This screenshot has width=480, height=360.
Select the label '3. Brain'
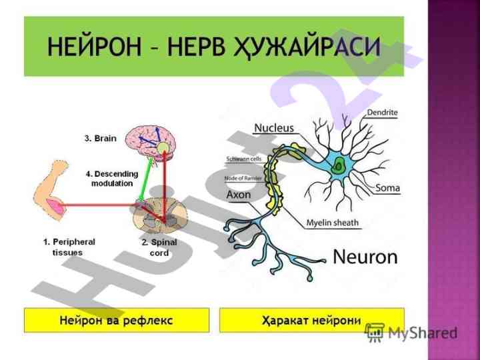[x=101, y=139]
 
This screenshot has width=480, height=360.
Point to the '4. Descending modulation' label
[x=112, y=179]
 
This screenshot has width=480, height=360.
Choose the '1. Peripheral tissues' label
[x=69, y=247]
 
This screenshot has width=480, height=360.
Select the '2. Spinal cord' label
[x=159, y=247]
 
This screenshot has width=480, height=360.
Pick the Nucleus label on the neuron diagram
[x=273, y=127]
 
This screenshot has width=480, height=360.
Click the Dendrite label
[x=382, y=113]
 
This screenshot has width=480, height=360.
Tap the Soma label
[x=387, y=188]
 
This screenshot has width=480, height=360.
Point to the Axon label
[x=239, y=195]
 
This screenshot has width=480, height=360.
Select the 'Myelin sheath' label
[x=332, y=223]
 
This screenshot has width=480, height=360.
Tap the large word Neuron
[x=365, y=257]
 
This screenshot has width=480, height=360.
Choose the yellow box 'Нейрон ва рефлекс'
[x=116, y=320]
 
